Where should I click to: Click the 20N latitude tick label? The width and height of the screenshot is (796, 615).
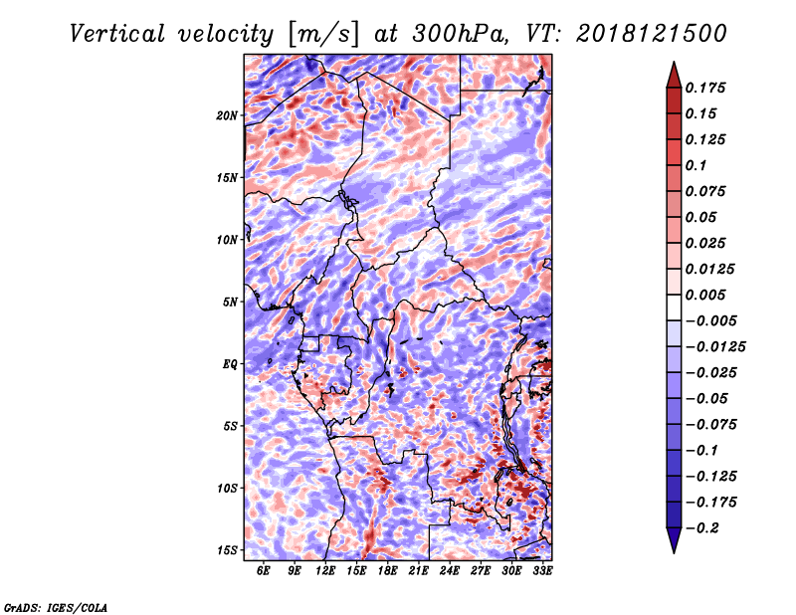(227, 115)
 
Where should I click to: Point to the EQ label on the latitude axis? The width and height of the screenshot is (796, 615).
(230, 364)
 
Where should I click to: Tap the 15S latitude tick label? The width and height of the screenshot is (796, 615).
(227, 550)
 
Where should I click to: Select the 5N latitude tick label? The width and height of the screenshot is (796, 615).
(230, 303)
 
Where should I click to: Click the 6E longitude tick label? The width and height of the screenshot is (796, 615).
(263, 570)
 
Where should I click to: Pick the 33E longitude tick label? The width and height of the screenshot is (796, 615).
(542, 570)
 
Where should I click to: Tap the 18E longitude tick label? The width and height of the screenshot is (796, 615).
(387, 570)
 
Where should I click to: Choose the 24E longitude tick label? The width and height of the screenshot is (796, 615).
(450, 570)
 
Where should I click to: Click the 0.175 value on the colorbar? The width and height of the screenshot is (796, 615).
(705, 88)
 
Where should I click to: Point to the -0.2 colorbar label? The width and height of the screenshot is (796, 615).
(702, 528)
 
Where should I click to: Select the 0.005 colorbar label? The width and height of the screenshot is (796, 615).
(705, 295)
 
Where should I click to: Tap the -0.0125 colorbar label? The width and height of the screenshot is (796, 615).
(715, 347)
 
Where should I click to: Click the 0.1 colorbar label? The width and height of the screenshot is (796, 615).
(696, 165)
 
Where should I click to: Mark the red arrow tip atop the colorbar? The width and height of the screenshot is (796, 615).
(674, 62)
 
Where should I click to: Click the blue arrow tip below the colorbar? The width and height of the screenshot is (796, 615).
(674, 552)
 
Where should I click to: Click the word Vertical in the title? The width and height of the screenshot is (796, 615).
(117, 34)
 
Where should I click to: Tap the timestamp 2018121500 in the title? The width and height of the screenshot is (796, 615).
(652, 34)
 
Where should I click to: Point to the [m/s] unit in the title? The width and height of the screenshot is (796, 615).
(323, 35)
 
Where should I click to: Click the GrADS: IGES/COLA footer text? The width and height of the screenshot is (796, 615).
(56, 607)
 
